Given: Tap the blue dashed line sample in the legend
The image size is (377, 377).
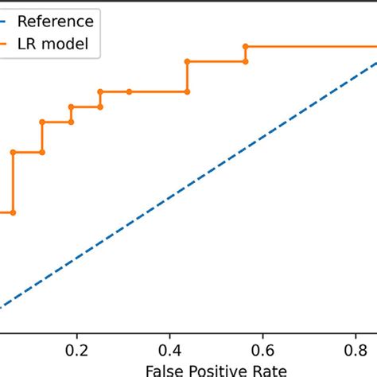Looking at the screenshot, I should click(x=6, y=21).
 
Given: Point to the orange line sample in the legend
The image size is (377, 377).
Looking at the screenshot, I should click(x=6, y=45).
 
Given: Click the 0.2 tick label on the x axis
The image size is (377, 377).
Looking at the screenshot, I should click(x=77, y=350).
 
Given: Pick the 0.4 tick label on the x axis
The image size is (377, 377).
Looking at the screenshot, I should click(x=170, y=350).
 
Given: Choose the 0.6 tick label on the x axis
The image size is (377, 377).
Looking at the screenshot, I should click(x=263, y=350).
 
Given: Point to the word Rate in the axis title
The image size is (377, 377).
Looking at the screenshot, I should click(x=270, y=370).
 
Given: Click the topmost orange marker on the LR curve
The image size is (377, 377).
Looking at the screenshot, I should click(x=245, y=46).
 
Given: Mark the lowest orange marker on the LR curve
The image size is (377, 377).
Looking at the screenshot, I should click(x=13, y=212).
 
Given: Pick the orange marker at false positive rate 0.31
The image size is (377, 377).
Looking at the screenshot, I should click(x=129, y=91).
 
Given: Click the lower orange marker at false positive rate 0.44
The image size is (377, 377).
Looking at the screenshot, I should click(x=187, y=91).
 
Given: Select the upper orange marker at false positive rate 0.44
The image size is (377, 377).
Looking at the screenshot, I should click(x=187, y=61).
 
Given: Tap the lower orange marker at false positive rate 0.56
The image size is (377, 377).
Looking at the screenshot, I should click(x=245, y=61).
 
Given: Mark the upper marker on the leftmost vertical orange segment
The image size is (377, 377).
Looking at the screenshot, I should click(x=13, y=152).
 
